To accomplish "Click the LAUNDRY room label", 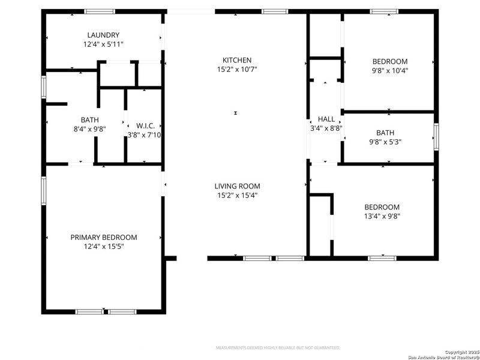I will (103, 35).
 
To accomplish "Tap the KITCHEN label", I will (236, 60).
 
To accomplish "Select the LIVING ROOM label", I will (236, 186).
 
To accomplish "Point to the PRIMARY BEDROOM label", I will (104, 237).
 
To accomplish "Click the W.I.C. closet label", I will (146, 125).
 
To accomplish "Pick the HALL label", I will (326, 119).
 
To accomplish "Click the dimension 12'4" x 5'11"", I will (104, 44).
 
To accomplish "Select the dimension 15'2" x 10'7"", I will (236, 70).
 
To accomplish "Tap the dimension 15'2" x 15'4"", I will (236, 195).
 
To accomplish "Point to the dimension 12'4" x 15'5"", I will (104, 246).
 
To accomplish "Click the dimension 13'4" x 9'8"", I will (382, 216).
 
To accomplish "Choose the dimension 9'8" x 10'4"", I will (390, 70).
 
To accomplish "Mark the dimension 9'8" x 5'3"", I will (388, 142).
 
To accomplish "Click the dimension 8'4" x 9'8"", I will (90, 129).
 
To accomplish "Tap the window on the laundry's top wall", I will (100, 11).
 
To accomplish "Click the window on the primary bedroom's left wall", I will (44, 191).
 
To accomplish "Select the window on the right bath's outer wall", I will (436, 137).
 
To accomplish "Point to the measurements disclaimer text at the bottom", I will (278, 348).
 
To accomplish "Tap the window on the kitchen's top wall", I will (275, 11).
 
